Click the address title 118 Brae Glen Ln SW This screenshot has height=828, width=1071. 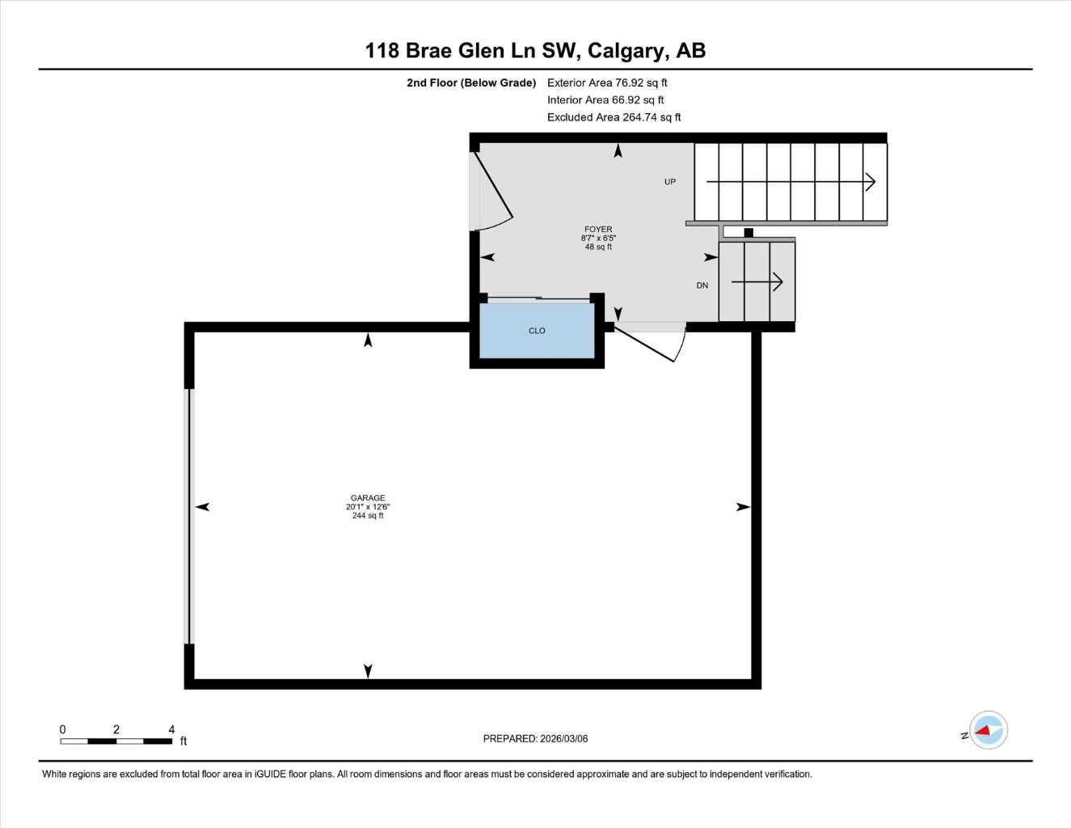pyautogui.click(x=535, y=50)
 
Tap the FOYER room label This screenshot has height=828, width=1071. pyautogui.click(x=598, y=230)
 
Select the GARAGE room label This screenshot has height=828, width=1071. pyautogui.click(x=368, y=498)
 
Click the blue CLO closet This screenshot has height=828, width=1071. pyautogui.click(x=537, y=331)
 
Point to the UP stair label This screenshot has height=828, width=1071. pyautogui.click(x=670, y=182)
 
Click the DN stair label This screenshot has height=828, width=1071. pyautogui.click(x=702, y=285)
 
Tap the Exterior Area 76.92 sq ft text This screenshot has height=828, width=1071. pyautogui.click(x=607, y=82)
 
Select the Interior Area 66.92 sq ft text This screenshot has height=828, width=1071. pyautogui.click(x=605, y=100)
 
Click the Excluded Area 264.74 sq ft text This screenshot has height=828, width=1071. pyautogui.click(x=614, y=117)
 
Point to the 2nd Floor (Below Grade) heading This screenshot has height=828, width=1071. pyautogui.click(x=471, y=82)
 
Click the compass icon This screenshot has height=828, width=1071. pyautogui.click(x=988, y=730)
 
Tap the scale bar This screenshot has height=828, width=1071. pyautogui.click(x=116, y=741)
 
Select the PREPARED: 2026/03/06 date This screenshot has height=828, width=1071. pyautogui.click(x=535, y=738)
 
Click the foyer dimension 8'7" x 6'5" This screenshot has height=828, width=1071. pyautogui.click(x=598, y=239)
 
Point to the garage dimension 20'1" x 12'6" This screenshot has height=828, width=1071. pyautogui.click(x=368, y=507)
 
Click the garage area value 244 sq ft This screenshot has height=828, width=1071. pyautogui.click(x=368, y=516)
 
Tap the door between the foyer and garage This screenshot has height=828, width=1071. pyautogui.click(x=651, y=343)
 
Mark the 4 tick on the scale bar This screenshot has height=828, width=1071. pyautogui.click(x=171, y=729)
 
